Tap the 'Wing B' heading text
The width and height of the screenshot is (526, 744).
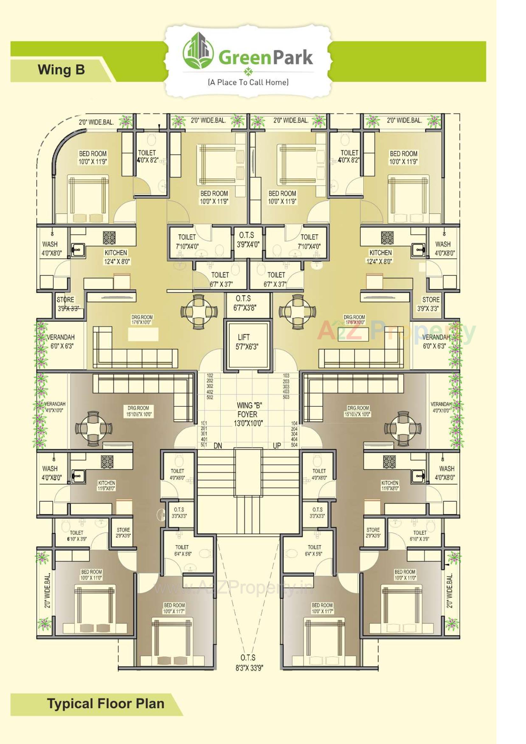pyautogui.click(x=61, y=70)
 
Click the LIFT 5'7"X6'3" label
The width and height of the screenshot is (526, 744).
pyautogui.click(x=247, y=342)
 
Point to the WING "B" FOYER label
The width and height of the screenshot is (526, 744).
pyautogui.click(x=248, y=414)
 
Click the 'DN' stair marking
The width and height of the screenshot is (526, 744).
pyautogui.click(x=218, y=446)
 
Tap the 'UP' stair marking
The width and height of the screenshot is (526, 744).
pyautogui.click(x=277, y=446)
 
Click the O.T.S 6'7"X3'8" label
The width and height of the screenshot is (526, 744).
pyautogui.click(x=245, y=303)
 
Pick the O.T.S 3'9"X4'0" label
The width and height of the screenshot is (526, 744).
pyautogui.click(x=247, y=240)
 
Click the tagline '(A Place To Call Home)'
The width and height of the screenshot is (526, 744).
pyautogui.click(x=248, y=82)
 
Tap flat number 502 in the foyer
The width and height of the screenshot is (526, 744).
pyautogui.click(x=210, y=397)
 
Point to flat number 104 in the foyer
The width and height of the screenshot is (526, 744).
pyautogui.click(x=294, y=424)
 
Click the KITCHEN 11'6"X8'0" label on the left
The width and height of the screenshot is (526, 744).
pyautogui.click(x=107, y=485)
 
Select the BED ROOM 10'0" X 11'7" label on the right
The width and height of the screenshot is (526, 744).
pyautogui.click(x=322, y=608)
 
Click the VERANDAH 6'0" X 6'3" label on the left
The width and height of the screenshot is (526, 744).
pyautogui.click(x=61, y=341)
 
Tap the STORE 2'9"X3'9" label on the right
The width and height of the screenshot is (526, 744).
pyautogui.click(x=373, y=533)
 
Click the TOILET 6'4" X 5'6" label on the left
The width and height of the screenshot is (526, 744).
pyautogui.click(x=182, y=550)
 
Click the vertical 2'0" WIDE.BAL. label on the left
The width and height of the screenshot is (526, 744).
pyautogui.click(x=48, y=590)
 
